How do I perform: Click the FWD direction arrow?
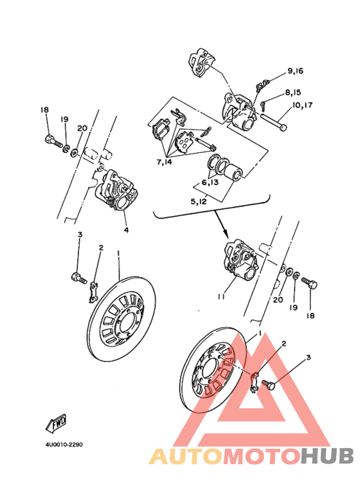[x=57, y=424]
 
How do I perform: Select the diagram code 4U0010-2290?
[x=64, y=445]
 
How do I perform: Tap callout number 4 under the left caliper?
[x=127, y=230]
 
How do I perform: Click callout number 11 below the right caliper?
[x=221, y=296]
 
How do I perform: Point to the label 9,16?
[x=295, y=71]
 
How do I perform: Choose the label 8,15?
[x=293, y=93]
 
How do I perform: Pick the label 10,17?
[x=302, y=105]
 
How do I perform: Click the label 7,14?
[x=164, y=162]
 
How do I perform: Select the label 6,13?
[x=210, y=183]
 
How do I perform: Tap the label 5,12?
[x=199, y=201]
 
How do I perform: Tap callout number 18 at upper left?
[x=45, y=110]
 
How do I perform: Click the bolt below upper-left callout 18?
[x=53, y=141]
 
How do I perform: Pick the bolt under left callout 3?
[x=79, y=278]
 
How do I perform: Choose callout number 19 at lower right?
[x=294, y=307]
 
